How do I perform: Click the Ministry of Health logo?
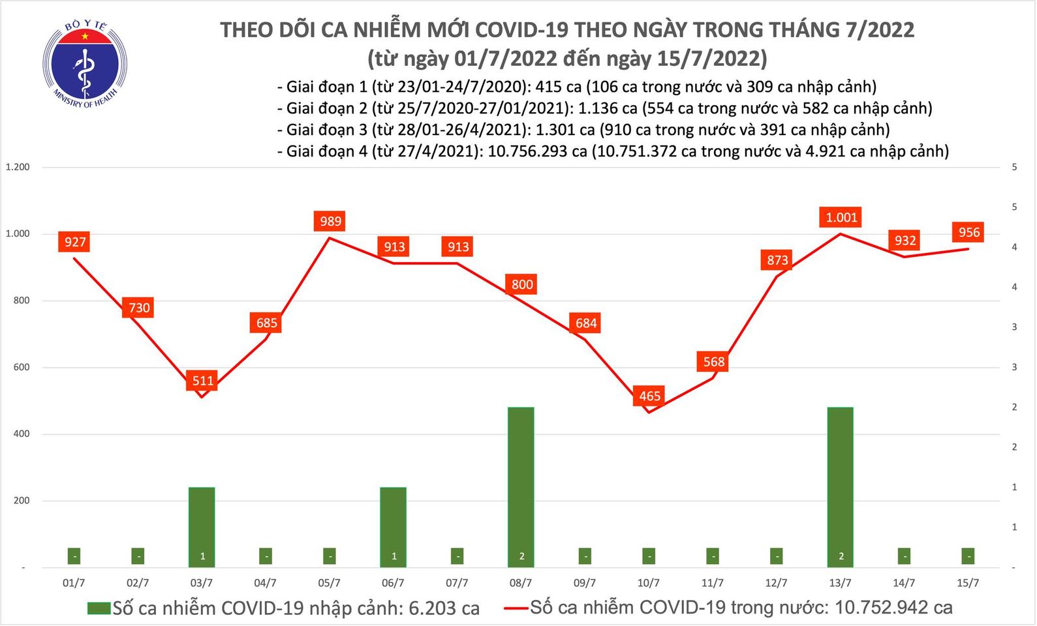[x=85, y=64]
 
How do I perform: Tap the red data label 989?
[x=330, y=221]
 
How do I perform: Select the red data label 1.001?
[x=841, y=217]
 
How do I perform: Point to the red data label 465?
[x=649, y=396]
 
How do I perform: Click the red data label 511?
[x=202, y=380]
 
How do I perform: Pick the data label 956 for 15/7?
[x=968, y=232]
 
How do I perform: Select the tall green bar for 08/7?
[x=521, y=486]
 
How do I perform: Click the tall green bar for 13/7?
[x=840, y=486]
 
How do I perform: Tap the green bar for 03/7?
[x=202, y=526]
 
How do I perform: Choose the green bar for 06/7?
[x=393, y=526]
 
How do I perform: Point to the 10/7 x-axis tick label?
[x=648, y=583]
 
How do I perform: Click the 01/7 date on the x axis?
[x=74, y=583]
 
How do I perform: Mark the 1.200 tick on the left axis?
[x=18, y=167]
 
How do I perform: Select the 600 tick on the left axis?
[x=21, y=367]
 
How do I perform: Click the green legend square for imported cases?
[x=99, y=608]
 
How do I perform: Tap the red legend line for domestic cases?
[x=516, y=608]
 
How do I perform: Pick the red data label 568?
[x=713, y=361]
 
